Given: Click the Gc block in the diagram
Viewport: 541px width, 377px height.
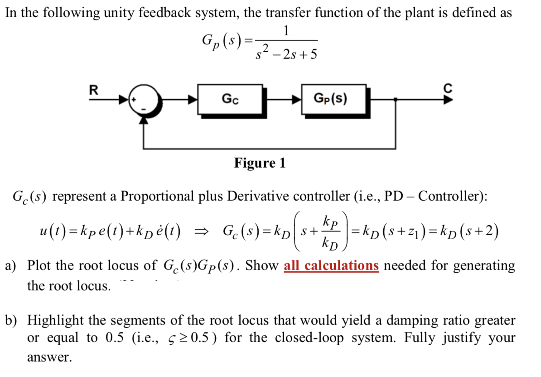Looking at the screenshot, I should (x=229, y=98).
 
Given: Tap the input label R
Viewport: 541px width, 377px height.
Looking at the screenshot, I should (x=94, y=89).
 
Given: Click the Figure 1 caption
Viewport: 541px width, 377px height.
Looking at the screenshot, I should (x=260, y=163).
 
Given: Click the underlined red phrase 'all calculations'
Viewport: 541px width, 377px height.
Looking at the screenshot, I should (x=331, y=266).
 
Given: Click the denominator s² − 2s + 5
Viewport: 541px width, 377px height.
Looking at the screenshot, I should (x=285, y=53).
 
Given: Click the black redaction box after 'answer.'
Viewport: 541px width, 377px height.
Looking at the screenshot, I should (x=118, y=361).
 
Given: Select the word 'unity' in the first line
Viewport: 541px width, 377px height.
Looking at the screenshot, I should (x=122, y=13).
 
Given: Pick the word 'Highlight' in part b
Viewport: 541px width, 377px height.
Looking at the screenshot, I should (x=56, y=321).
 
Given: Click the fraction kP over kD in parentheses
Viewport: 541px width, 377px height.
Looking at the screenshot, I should (x=330, y=233).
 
